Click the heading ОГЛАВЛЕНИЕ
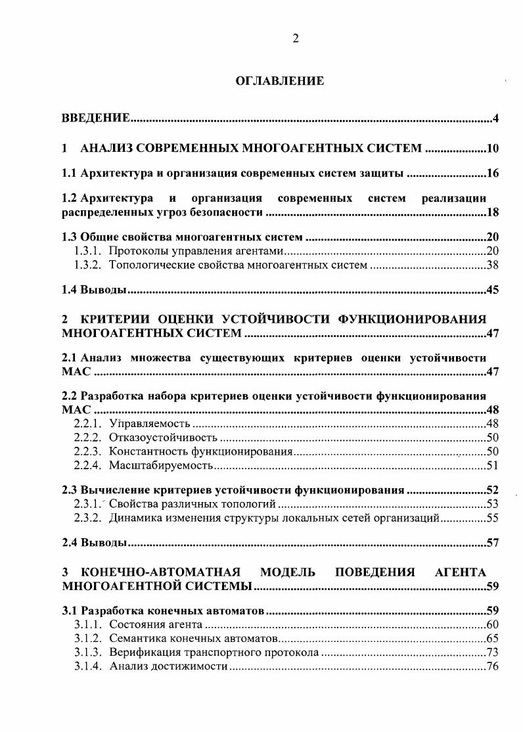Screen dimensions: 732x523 coord(280,81)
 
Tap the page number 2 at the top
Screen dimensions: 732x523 coord(295,39)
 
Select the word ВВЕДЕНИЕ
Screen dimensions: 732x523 coord(95,118)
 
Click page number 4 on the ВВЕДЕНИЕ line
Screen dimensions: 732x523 coord(497,118)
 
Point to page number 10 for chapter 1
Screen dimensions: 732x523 coord(493,149)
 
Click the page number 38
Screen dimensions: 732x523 coord(493,265)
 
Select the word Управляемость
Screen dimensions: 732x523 coord(149,423)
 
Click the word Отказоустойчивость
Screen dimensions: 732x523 coord(162,438)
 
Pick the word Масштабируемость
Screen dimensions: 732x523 coord(161,466)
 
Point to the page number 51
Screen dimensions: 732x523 coord(493,466)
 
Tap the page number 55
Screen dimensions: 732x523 coord(493,518)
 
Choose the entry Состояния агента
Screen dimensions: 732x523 coord(155,624)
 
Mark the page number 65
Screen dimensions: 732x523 coord(493,639)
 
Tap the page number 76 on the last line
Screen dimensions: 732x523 coord(493,667)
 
